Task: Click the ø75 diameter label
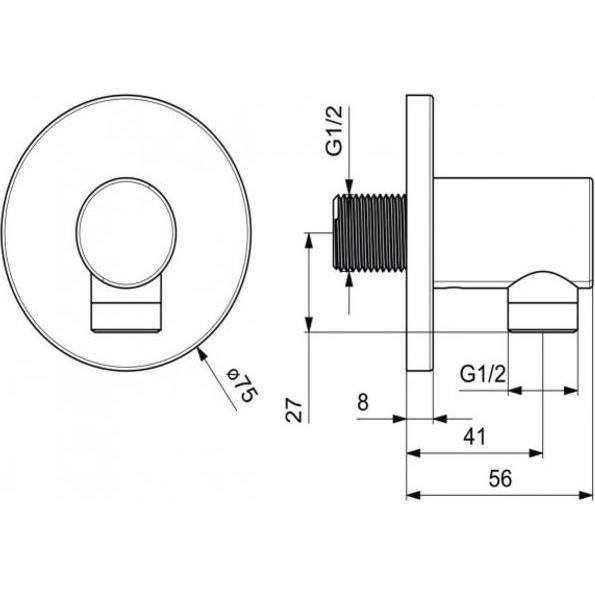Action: point(243,384)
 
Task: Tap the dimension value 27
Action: point(294,410)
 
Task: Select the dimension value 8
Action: point(363,402)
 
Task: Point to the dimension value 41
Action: point(474,436)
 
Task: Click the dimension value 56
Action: point(500,479)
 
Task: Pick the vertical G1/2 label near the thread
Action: point(335,131)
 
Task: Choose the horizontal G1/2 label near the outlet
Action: point(483,374)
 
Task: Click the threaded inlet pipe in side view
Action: point(370,232)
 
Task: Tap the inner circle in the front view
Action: point(126,232)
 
